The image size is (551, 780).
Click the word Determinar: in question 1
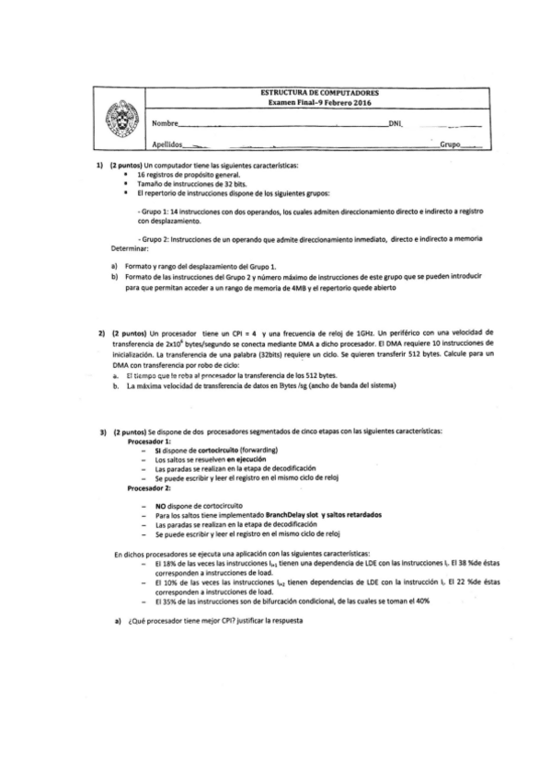point(130,248)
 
